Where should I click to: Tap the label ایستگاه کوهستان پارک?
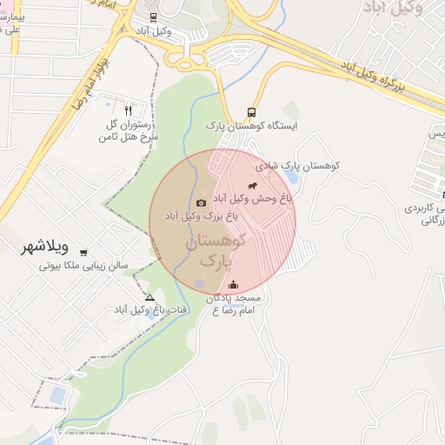(x=240, y=126)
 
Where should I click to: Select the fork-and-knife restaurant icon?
(x=129, y=110)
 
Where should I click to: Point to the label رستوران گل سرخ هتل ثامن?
(x=129, y=131)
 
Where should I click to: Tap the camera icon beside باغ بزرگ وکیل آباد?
(x=201, y=203)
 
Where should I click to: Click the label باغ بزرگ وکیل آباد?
(x=196, y=215)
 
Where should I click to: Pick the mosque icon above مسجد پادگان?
(x=232, y=284)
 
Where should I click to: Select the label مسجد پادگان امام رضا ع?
(x=235, y=303)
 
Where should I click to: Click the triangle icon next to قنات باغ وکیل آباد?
(x=149, y=297)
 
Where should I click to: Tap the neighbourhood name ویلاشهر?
(x=45, y=247)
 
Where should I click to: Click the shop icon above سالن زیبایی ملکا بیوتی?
(x=83, y=253)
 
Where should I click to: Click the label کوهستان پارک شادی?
(x=297, y=165)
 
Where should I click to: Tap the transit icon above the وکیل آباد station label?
(x=154, y=17)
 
